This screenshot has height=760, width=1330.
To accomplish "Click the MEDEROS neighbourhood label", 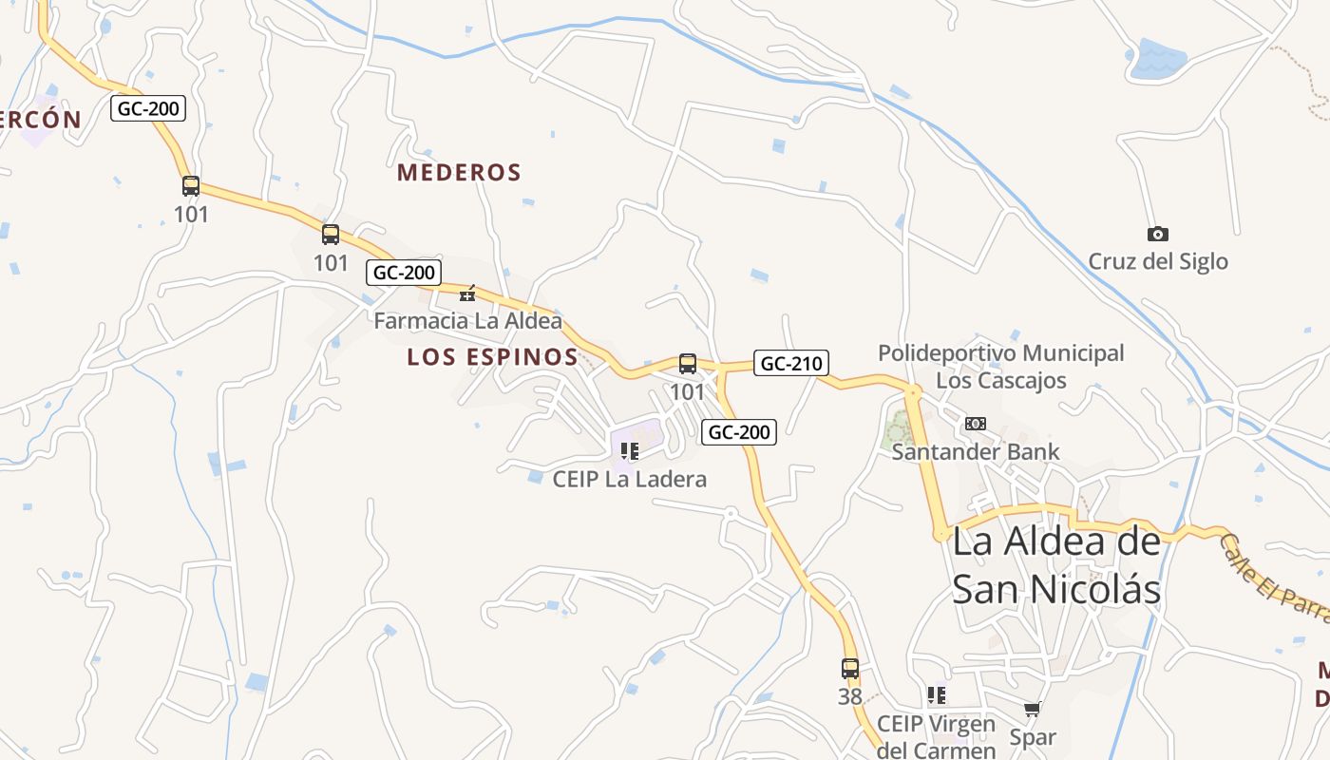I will pyautogui.click(x=460, y=173).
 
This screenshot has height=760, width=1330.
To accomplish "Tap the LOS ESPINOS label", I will pyautogui.click(x=492, y=357).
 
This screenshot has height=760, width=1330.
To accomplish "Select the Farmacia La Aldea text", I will pyautogui.click(x=467, y=321).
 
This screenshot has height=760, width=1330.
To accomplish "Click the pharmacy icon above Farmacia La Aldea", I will pyautogui.click(x=467, y=293).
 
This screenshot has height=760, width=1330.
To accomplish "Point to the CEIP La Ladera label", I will pyautogui.click(x=630, y=479).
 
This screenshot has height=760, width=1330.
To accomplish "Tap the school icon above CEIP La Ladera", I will pyautogui.click(x=629, y=450).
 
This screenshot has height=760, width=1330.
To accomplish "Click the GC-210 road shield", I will pyautogui.click(x=790, y=363).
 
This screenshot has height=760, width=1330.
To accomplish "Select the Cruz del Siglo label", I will pyautogui.click(x=1158, y=261).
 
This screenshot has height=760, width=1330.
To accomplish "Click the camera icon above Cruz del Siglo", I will pyautogui.click(x=1158, y=234).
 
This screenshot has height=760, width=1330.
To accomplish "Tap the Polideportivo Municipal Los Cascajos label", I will pyautogui.click(x=1000, y=367).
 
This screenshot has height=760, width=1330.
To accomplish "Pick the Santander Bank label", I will pyautogui.click(x=975, y=451).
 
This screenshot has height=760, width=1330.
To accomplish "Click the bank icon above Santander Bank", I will pyautogui.click(x=976, y=424).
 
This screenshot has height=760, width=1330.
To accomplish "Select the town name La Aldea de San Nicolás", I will pyautogui.click(x=1056, y=565).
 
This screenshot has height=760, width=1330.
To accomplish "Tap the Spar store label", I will pyautogui.click(x=1033, y=737).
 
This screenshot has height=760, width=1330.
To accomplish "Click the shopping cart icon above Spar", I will pyautogui.click(x=1033, y=709).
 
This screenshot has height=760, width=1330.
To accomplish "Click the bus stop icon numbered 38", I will pyautogui.click(x=850, y=669).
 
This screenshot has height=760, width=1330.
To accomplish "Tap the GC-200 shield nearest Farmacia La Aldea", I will pyautogui.click(x=404, y=273).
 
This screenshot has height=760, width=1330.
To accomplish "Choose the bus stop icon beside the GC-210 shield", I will pyautogui.click(x=688, y=364).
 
